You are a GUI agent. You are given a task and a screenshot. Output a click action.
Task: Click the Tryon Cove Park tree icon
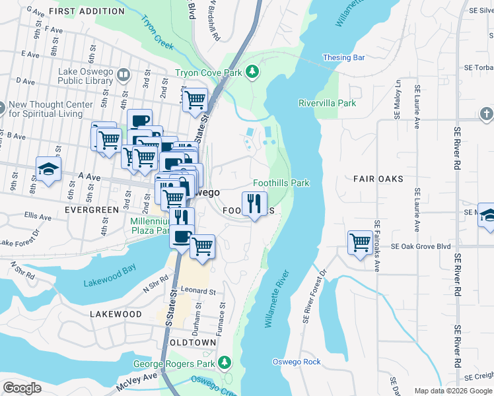tap(251, 71)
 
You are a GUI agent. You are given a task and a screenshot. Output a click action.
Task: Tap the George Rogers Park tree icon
tap(225, 362)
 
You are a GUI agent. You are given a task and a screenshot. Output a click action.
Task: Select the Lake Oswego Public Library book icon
tap(123, 76)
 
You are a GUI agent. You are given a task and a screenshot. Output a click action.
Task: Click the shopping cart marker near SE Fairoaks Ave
tap(359, 242)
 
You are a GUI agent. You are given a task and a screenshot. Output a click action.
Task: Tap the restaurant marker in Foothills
tap(255, 203)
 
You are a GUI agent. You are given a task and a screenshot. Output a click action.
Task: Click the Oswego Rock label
tap(297, 362)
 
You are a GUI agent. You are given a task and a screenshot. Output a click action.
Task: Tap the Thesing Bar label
tap(343, 58)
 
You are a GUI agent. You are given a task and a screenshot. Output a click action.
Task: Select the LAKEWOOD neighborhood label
tap(116, 314)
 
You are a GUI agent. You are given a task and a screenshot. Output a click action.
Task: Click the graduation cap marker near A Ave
tap(48, 170)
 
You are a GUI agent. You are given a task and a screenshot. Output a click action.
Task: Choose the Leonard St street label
tap(199, 291)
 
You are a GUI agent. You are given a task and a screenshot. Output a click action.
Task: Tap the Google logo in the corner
tap(22, 387)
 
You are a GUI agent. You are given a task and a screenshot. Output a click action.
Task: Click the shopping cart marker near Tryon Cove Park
tap(195, 100)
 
